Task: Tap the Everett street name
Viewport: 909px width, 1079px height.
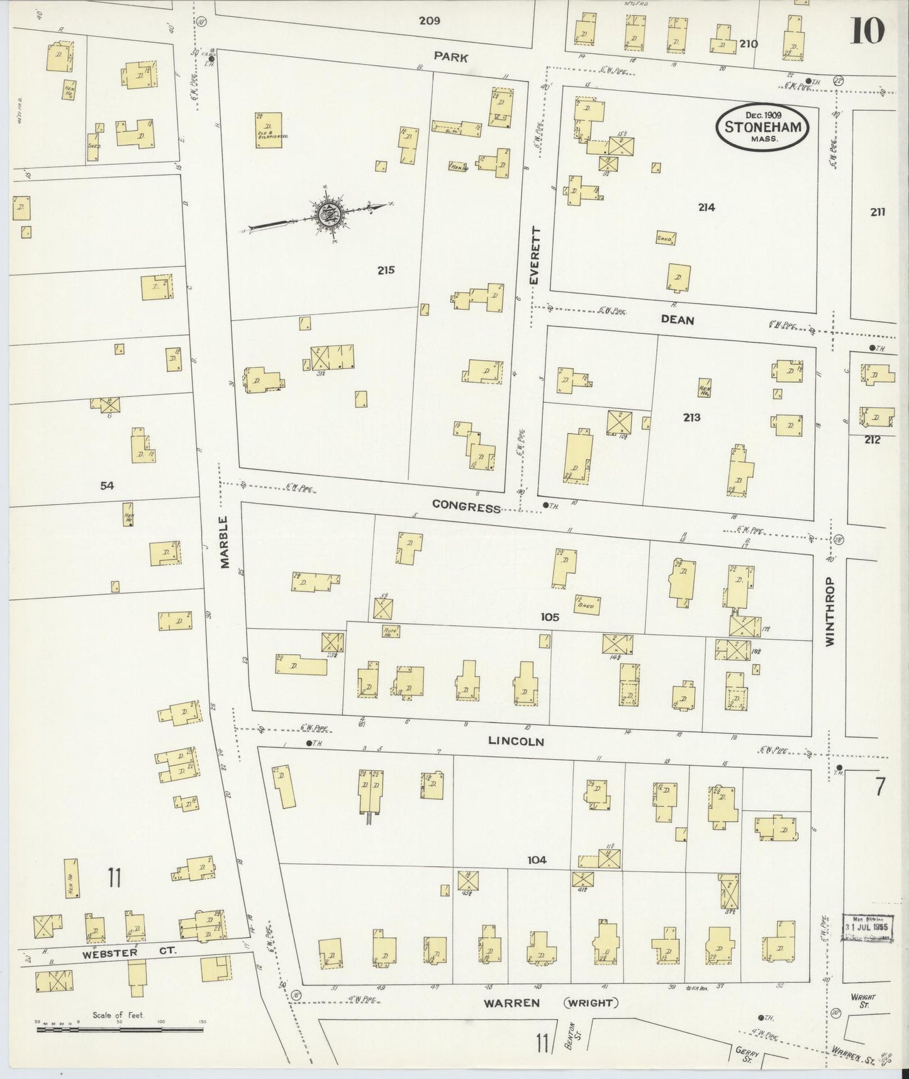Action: tap(535, 255)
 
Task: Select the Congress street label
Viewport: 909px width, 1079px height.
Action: tap(467, 507)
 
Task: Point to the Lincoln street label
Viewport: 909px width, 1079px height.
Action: tap(516, 742)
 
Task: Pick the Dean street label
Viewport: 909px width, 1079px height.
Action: tap(678, 320)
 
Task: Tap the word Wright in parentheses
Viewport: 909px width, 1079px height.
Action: tap(592, 1003)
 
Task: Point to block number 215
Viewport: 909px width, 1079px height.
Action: tap(386, 270)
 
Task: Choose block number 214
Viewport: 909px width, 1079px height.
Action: tap(706, 207)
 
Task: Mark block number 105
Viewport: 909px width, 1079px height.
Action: tap(549, 617)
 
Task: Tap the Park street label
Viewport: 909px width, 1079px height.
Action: tap(451, 57)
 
